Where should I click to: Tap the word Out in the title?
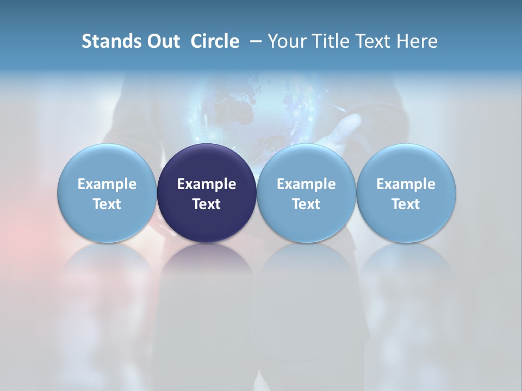coord(162,41)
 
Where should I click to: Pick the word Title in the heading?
coord(331,41)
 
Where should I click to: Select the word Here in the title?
coord(417,41)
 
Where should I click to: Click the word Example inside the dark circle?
coord(207,184)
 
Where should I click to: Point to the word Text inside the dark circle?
coord(207,204)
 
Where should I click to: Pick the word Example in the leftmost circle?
coord(107,184)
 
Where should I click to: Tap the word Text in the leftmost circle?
coord(107,204)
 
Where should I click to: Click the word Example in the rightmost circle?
coord(406,184)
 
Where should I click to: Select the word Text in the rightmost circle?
coord(406,204)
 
